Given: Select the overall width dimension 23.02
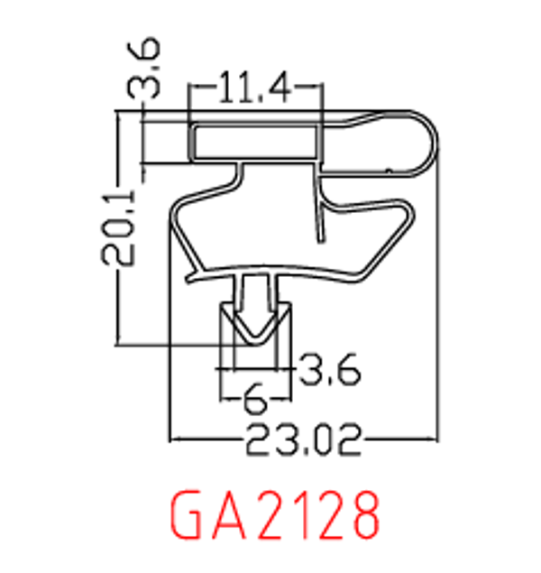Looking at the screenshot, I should tap(302, 441).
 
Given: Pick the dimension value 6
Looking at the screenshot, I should tap(254, 397).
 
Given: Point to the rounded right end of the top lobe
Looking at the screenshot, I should tap(431, 143).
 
